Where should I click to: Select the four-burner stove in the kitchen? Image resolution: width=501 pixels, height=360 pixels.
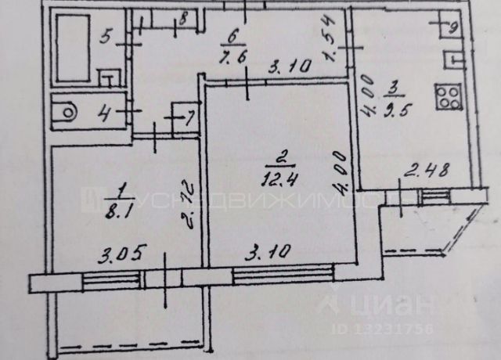(x=449, y=96)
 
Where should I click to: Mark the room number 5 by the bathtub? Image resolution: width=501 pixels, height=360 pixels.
(x=107, y=35)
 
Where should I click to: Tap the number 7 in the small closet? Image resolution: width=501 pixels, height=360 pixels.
(x=189, y=119)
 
